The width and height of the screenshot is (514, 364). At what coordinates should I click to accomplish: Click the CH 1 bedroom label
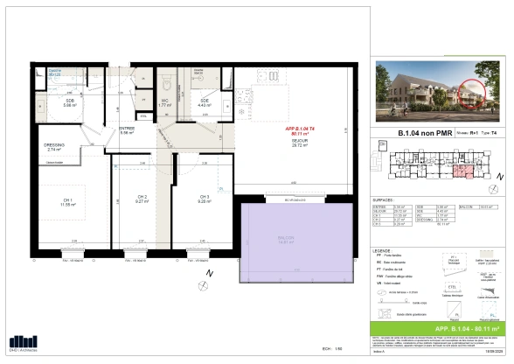click(x=66, y=201)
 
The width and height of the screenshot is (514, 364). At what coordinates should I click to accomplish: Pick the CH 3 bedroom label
click(x=204, y=199)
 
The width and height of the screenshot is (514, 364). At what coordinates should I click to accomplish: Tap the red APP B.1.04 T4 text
click(x=299, y=129)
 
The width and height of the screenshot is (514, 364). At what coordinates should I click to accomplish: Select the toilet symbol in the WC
click(x=165, y=87)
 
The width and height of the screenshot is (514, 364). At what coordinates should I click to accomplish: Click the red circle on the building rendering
click(x=472, y=94)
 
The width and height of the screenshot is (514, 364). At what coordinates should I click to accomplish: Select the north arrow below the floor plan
click(x=207, y=275)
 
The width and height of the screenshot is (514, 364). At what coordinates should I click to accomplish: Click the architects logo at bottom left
click(x=24, y=344)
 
